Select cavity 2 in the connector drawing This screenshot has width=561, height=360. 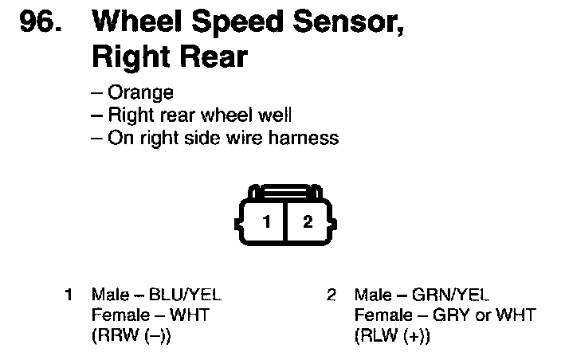click(308, 222)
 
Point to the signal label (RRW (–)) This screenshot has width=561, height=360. click(131, 335)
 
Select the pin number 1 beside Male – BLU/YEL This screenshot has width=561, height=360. click(70, 295)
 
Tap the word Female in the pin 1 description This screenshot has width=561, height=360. click(117, 315)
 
